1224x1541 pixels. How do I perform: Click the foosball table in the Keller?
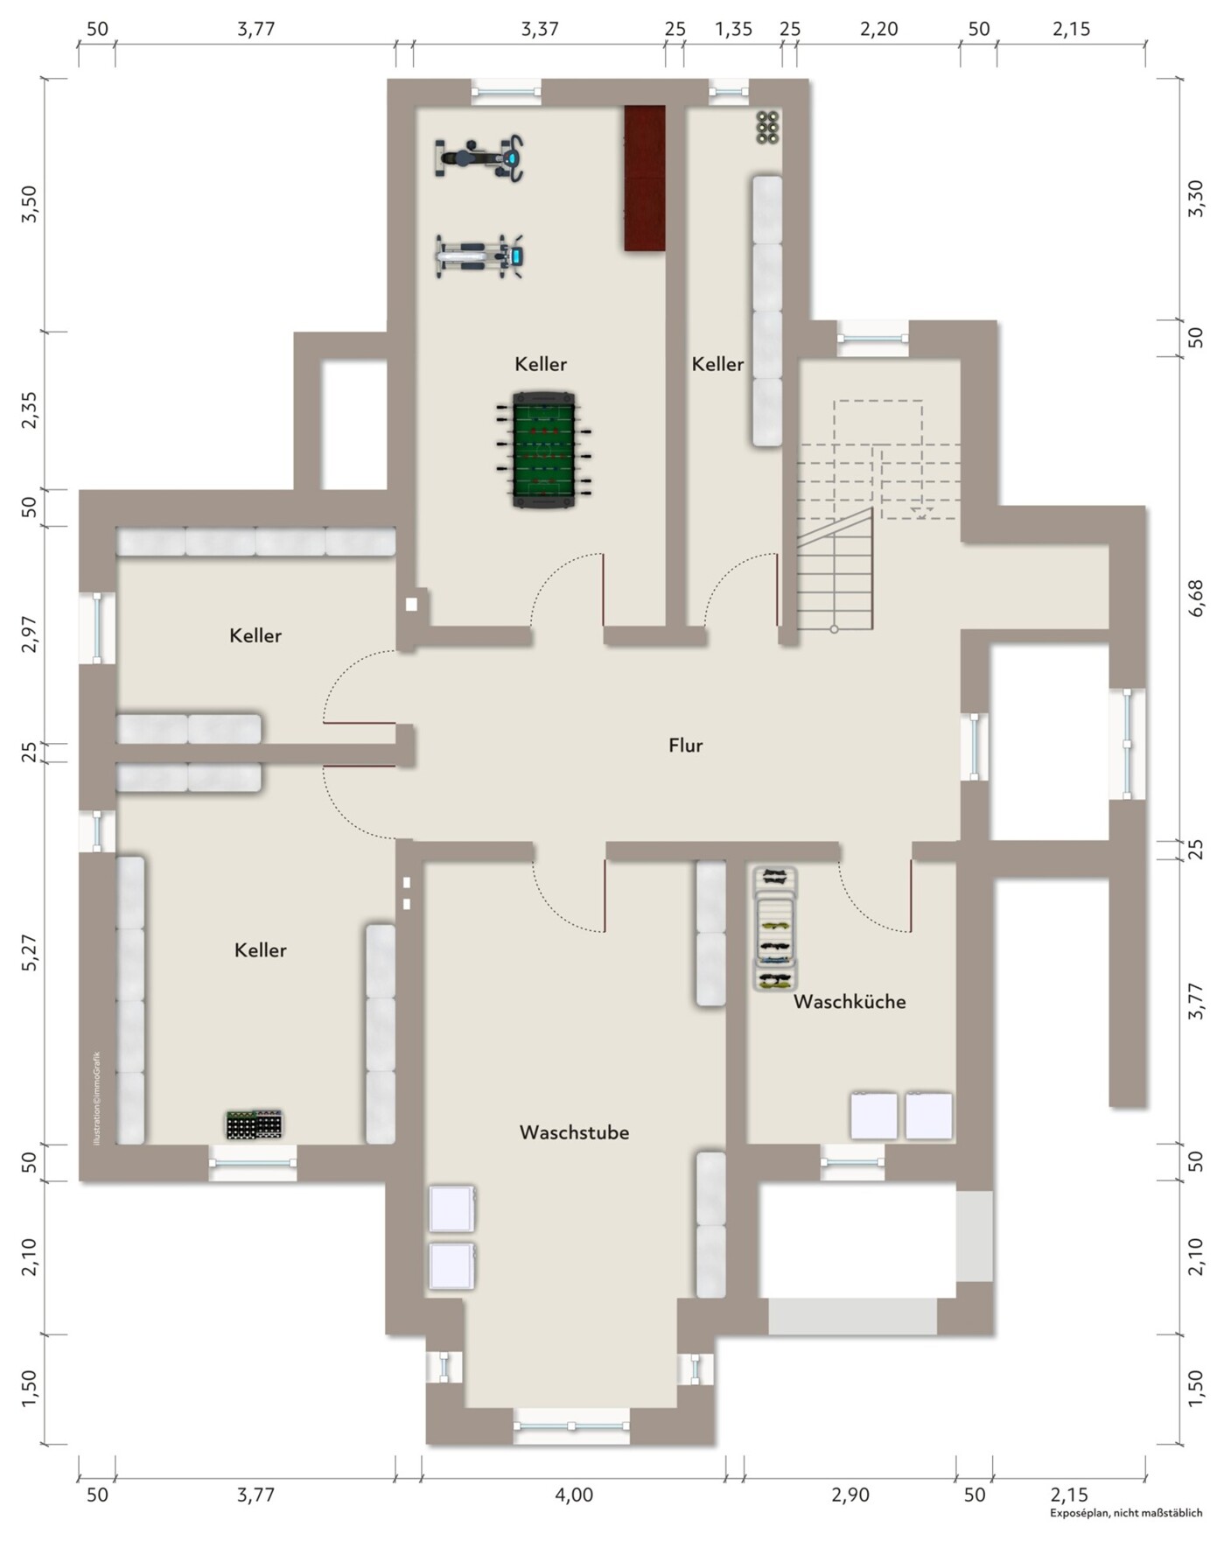pos(543,450)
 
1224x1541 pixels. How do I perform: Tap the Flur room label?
pos(685,746)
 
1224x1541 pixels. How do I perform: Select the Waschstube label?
pos(574,1132)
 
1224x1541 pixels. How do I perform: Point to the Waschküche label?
pos(850,1002)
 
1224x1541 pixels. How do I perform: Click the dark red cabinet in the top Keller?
pos(645,179)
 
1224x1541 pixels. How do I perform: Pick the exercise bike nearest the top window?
pos(479,158)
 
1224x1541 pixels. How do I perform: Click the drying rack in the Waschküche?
pos(775,928)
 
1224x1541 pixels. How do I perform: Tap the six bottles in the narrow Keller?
pos(768,127)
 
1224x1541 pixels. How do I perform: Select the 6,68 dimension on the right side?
pos(1196,599)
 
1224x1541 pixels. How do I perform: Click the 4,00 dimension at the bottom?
pos(574,1494)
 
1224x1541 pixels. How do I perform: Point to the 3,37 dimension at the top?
pos(540,29)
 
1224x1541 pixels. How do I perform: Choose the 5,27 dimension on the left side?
pos(30,952)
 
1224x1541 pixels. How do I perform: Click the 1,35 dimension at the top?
pos(733,29)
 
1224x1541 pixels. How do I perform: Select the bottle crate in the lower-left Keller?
pos(255,1124)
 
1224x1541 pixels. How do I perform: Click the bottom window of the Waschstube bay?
pos(571,1426)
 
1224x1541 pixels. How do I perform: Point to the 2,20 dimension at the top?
pos(878,29)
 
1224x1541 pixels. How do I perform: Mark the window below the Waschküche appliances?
pos(852,1163)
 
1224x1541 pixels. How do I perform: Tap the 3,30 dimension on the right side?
pos(1196,199)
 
